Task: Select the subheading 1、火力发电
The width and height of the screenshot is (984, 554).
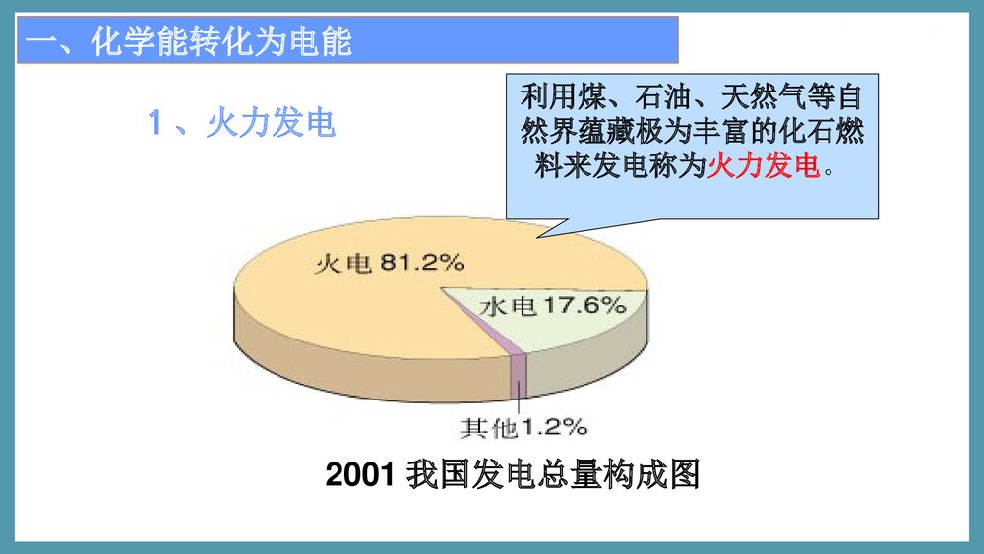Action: click(241, 123)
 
